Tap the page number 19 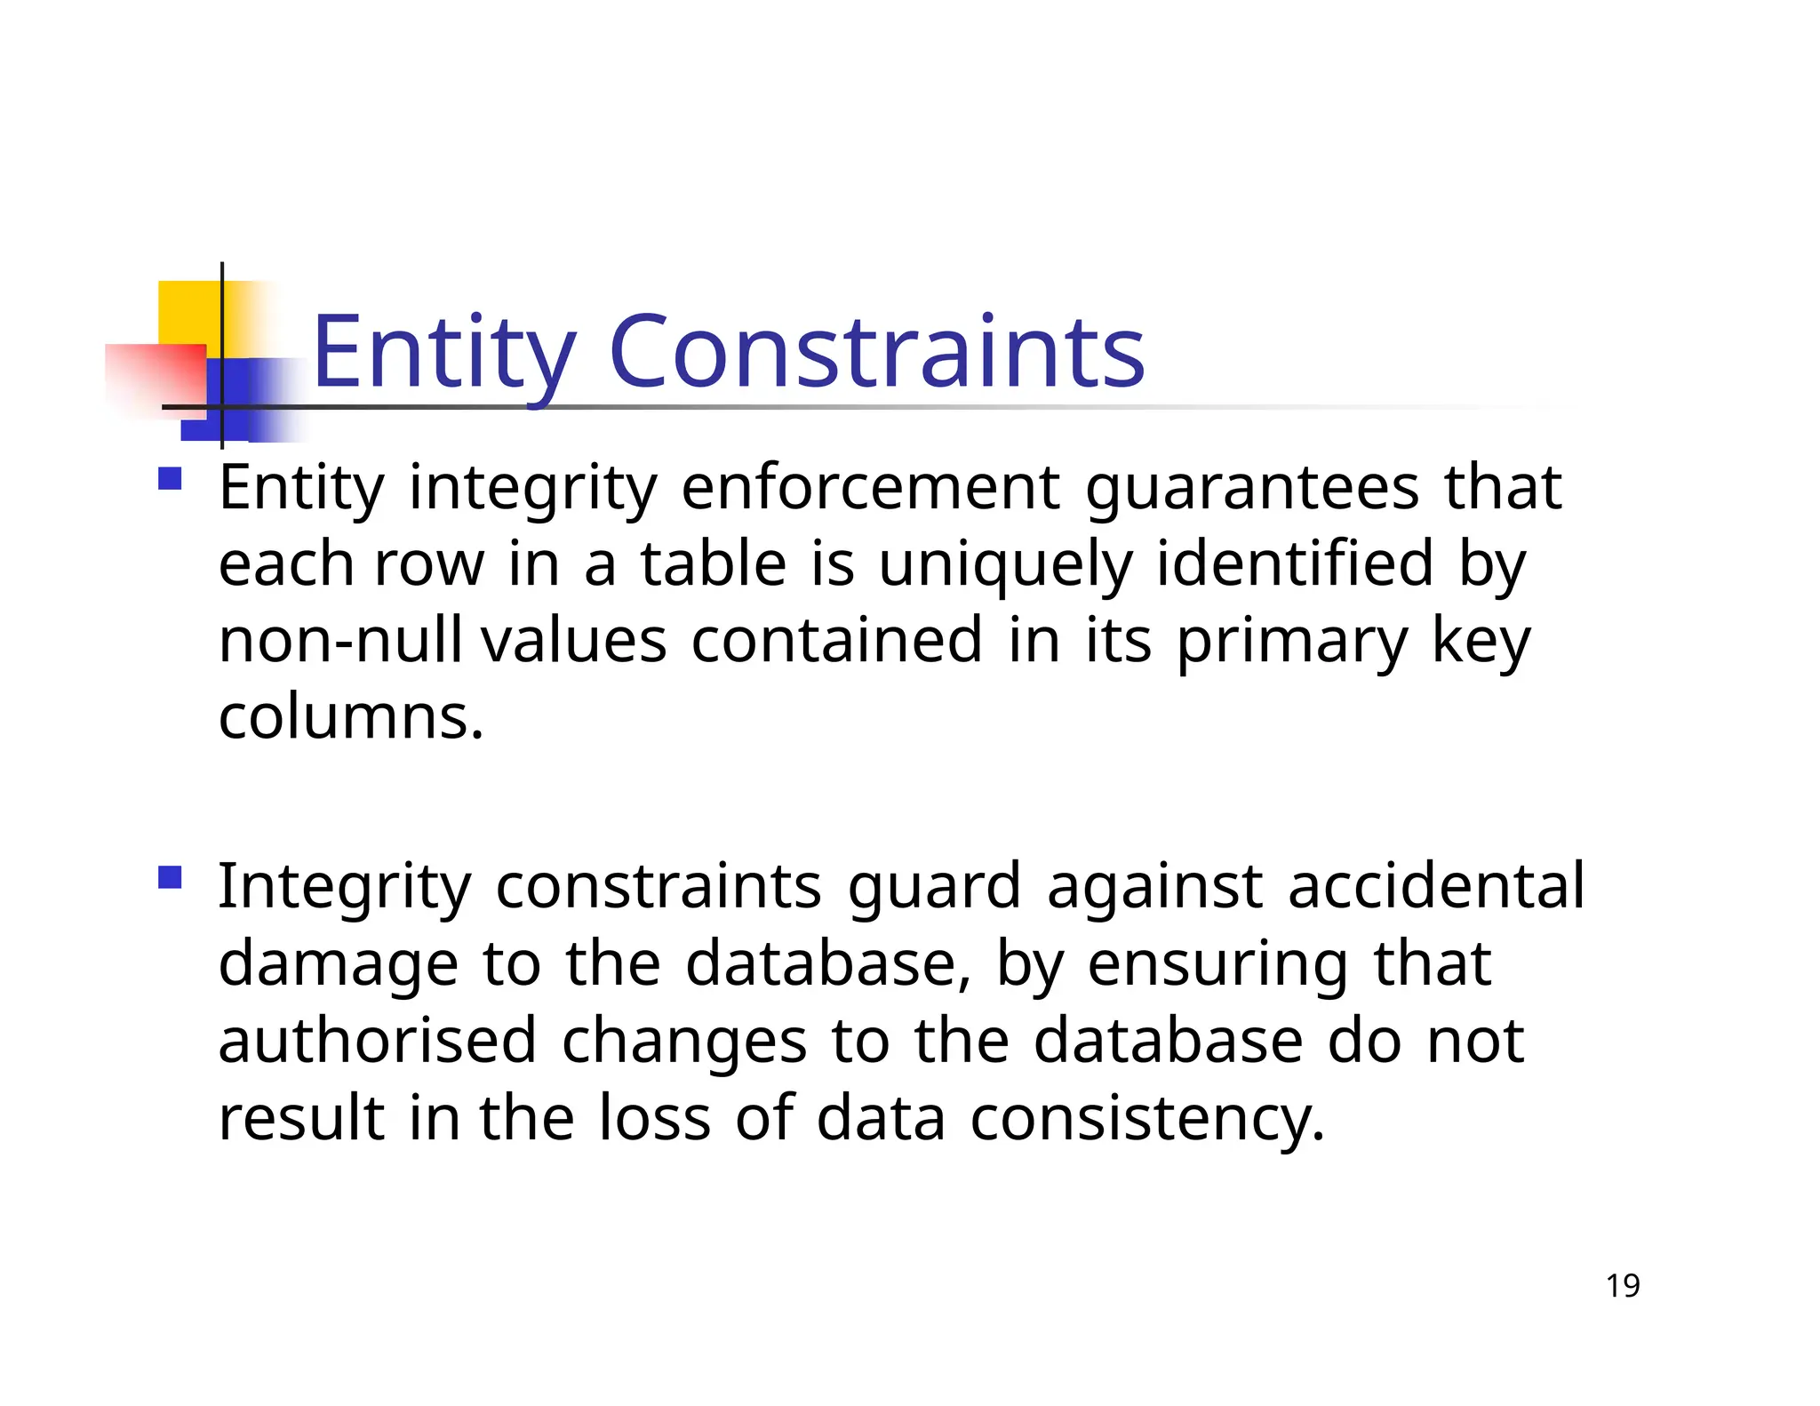(1623, 1286)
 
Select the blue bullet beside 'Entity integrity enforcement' (170, 480)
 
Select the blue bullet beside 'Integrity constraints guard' (170, 878)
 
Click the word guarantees (1252, 489)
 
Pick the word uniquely (1005, 565)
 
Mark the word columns (351, 717)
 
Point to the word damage (338, 966)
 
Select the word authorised (378, 1041)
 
